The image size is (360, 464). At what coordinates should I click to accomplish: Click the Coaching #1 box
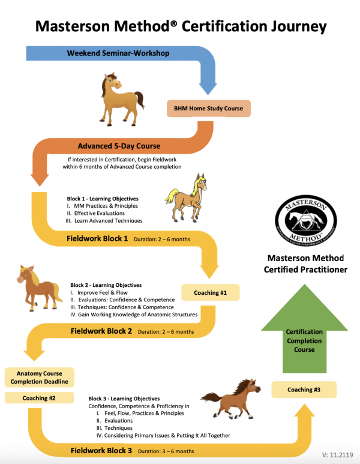[x=211, y=293]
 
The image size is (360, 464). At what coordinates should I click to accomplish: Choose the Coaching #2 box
[x=38, y=397]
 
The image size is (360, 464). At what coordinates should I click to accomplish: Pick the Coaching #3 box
[x=304, y=390]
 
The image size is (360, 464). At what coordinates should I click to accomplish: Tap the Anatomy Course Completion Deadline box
[x=38, y=377]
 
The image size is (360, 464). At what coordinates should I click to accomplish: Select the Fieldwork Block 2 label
[x=101, y=331]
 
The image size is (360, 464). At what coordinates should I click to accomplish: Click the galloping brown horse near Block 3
[x=229, y=397]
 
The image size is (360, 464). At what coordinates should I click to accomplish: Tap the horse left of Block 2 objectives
[x=38, y=286]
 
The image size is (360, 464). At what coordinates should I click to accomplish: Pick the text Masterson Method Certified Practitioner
[x=305, y=264]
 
